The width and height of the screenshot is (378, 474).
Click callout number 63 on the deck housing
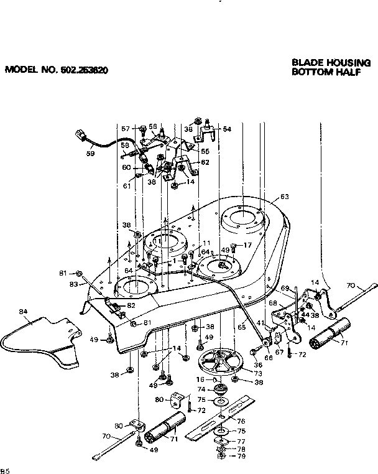coord(284,197)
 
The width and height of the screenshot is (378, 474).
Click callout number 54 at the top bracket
coord(227,129)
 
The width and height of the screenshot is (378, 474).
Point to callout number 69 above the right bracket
coord(285,288)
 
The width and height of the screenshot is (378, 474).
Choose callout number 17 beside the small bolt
coord(247,245)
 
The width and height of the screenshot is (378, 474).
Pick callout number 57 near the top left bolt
coord(125,129)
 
